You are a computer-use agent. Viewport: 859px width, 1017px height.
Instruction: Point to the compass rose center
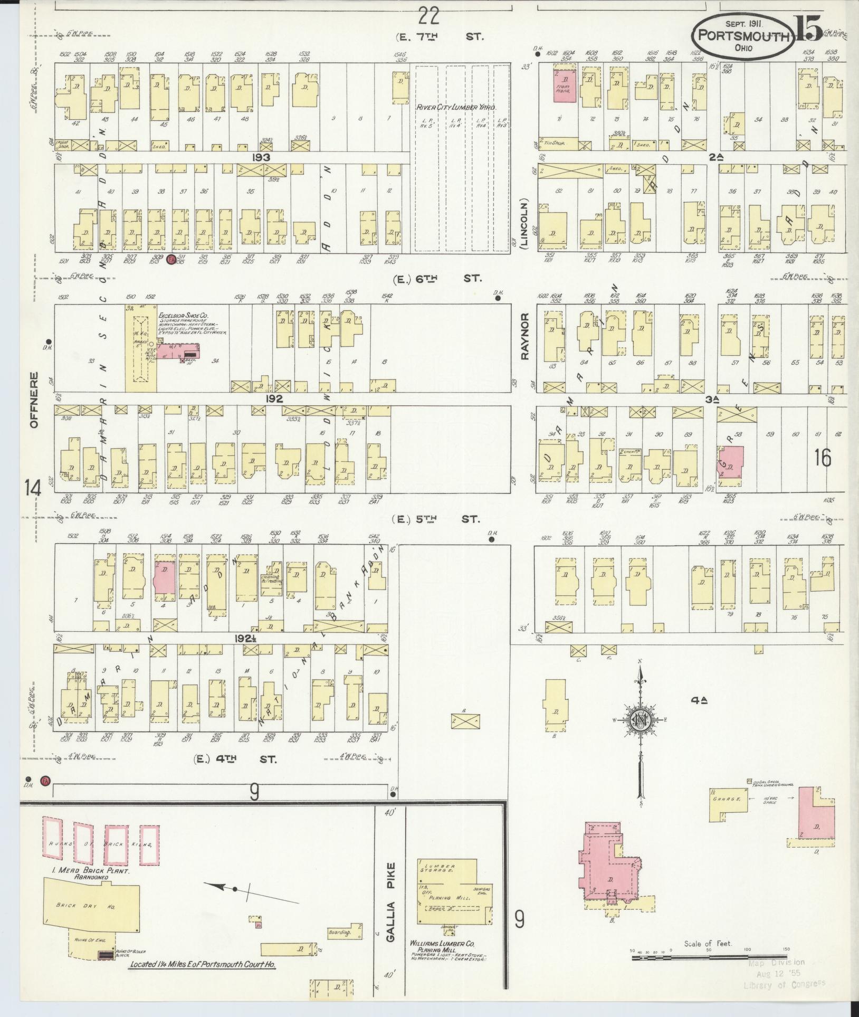[x=641, y=720]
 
